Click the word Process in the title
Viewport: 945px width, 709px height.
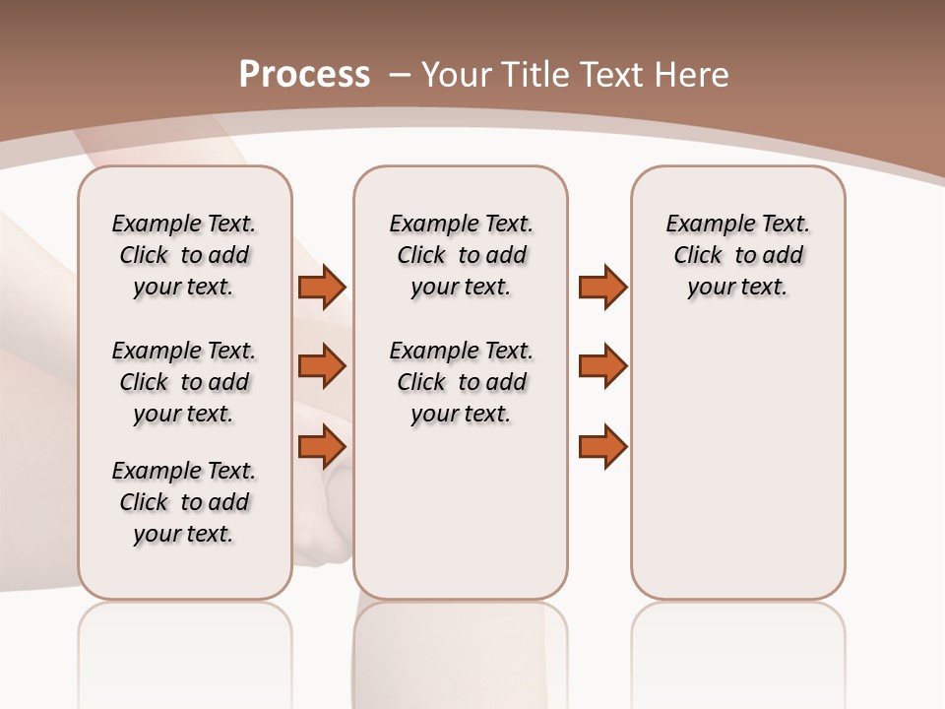[304, 74]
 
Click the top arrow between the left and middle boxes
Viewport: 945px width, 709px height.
[322, 287]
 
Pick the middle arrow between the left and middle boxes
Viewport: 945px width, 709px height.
[322, 366]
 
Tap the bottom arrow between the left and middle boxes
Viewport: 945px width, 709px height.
[322, 447]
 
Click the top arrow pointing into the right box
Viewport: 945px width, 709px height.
[602, 287]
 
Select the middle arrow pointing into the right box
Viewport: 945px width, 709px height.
[602, 366]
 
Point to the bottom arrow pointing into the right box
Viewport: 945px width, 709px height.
[602, 447]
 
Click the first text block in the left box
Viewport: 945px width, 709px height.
[184, 255]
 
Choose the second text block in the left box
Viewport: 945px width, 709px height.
[184, 382]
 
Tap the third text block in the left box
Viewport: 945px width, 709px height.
[184, 502]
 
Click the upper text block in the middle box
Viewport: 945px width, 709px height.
[461, 255]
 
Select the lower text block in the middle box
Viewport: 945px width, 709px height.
[461, 382]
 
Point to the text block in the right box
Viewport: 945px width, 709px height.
[737, 255]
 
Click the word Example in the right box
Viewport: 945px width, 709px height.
[701, 225]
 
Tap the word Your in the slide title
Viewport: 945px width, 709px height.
[456, 74]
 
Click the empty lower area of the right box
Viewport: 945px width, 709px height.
[737, 473]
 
